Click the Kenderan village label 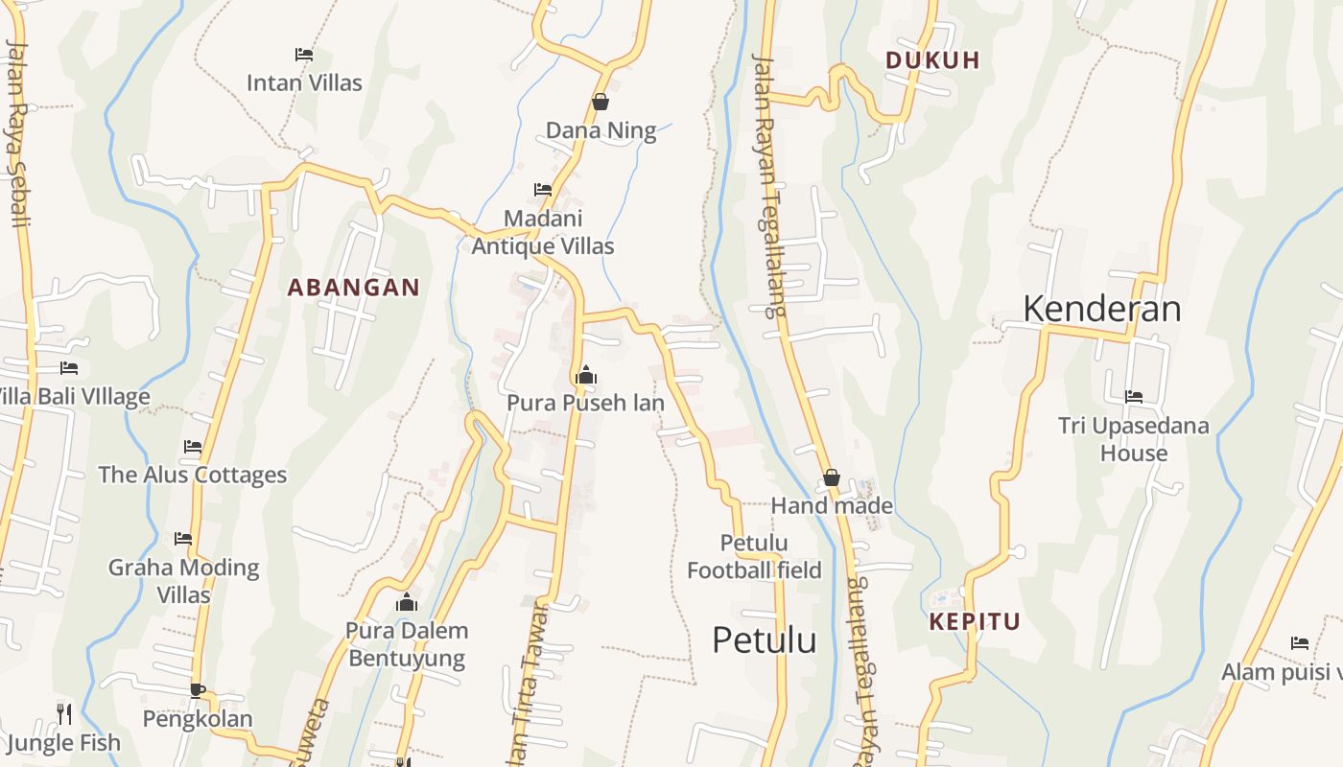point(1101,309)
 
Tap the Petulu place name point(764,639)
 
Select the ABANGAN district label point(354,287)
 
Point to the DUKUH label point(932,59)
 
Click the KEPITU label point(975,621)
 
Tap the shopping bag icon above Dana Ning point(601,102)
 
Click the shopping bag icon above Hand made point(832,477)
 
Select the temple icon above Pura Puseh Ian point(585,374)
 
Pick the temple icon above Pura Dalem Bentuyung point(407,602)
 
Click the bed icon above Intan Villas point(304,55)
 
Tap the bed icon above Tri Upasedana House point(1133,396)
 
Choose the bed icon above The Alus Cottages point(193,446)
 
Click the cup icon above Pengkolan point(198,689)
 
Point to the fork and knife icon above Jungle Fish point(64,713)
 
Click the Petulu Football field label point(754,557)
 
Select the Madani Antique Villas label point(543,232)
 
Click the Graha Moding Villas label point(183,581)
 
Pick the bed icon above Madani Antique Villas point(543,190)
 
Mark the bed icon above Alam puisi point(1300,643)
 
